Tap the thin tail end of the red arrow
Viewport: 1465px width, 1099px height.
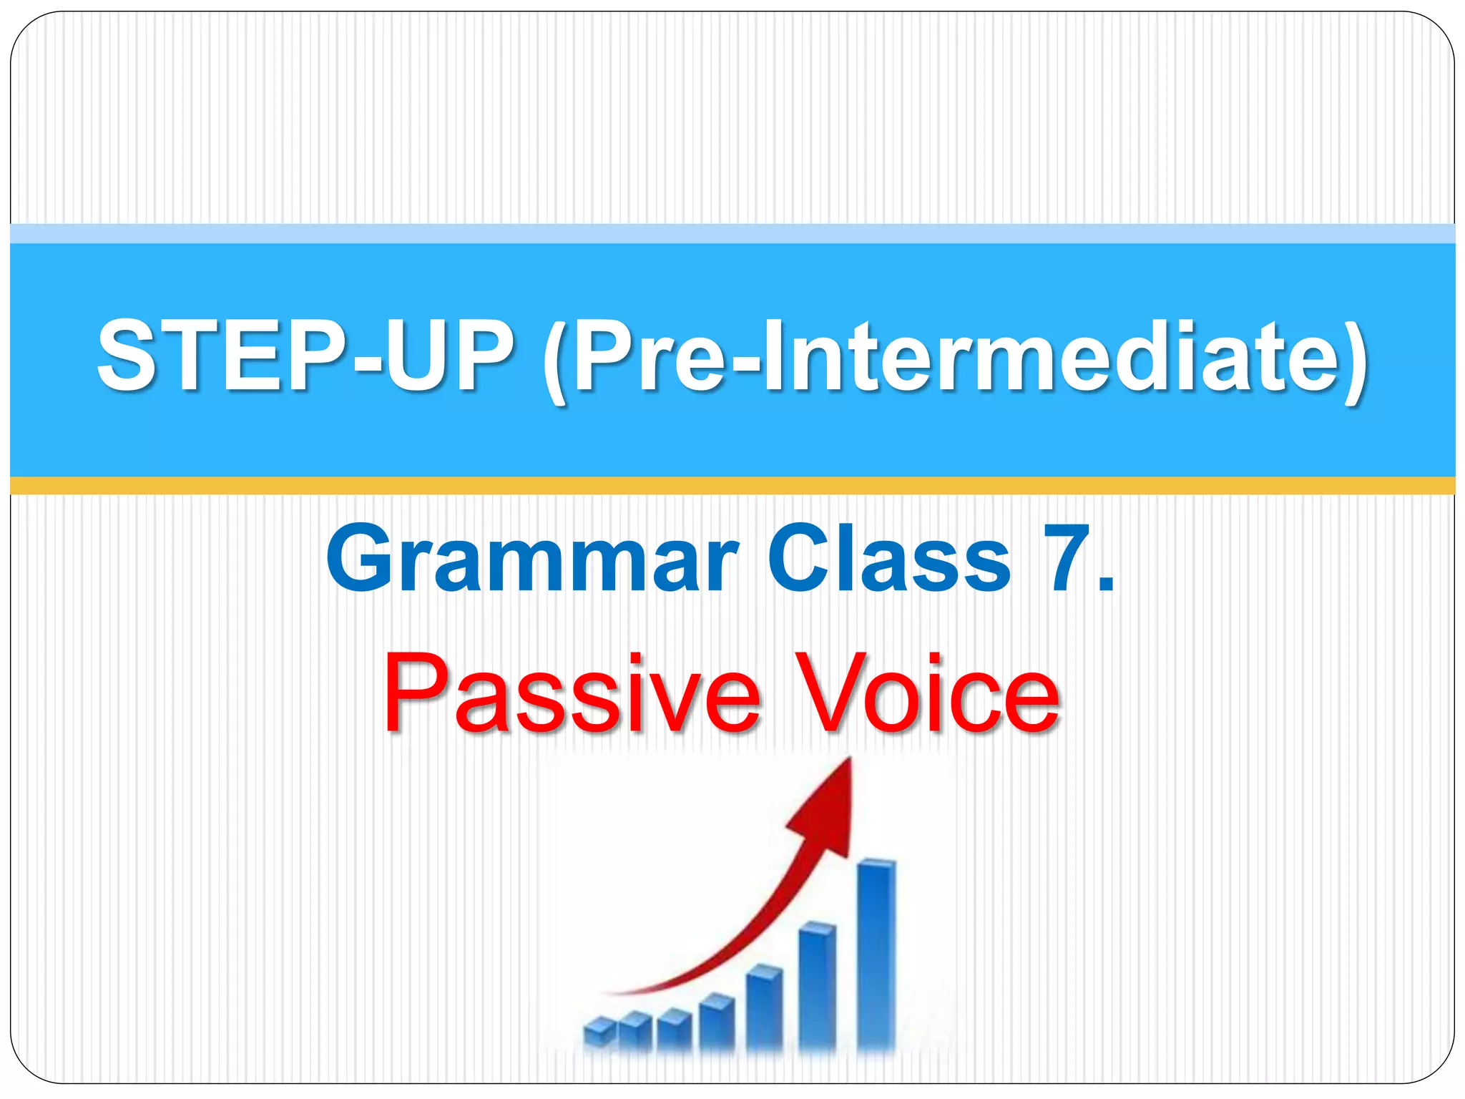click(x=608, y=993)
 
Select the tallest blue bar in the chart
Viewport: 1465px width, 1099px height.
click(x=876, y=955)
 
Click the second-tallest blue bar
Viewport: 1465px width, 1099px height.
click(x=817, y=987)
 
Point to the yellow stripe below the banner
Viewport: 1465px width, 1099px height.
click(x=732, y=486)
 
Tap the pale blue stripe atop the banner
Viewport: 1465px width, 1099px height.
click(x=732, y=233)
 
